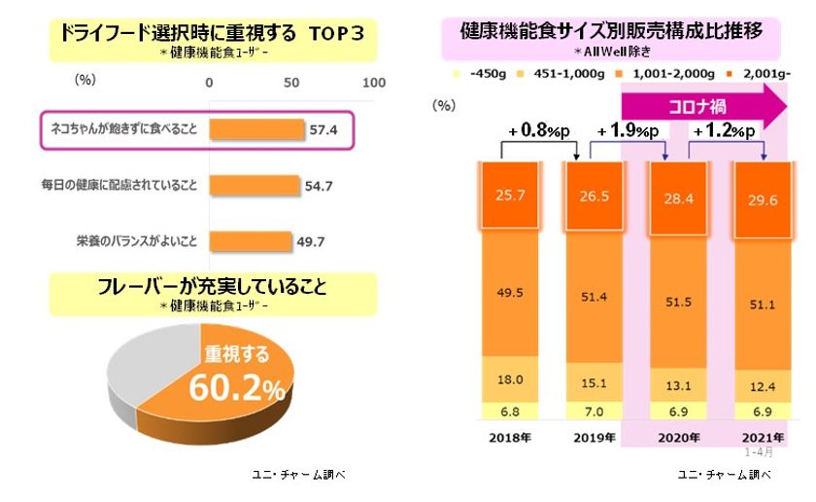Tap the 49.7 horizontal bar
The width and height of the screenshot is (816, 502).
(250, 239)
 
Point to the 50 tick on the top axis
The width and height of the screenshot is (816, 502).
(291, 85)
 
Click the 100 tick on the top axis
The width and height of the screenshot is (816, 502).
(374, 85)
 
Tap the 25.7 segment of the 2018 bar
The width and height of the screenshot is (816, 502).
(510, 196)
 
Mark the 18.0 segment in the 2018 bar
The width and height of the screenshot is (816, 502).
(510, 378)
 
